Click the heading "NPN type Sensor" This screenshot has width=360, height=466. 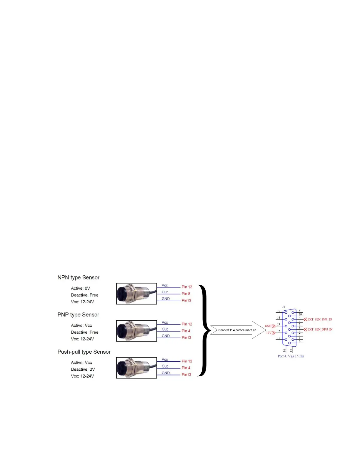[78, 277]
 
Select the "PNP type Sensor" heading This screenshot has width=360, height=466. [78, 314]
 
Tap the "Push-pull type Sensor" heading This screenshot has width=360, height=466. [84, 352]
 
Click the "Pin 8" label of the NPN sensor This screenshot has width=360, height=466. [186, 294]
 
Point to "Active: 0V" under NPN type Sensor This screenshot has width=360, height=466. [80, 288]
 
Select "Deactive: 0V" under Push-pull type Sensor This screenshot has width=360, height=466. [83, 369]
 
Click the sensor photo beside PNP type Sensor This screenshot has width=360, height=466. [136, 331]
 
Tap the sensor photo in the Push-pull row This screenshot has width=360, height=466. [136, 368]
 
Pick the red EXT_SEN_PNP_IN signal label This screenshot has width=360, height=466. [319, 319]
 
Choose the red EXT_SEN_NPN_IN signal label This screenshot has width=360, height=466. [320, 329]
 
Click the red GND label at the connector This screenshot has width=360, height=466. [268, 326]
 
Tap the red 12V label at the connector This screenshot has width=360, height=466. [269, 333]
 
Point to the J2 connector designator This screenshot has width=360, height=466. [284, 307]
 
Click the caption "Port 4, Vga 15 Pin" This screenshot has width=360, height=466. [291, 356]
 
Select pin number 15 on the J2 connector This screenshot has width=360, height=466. [278, 311]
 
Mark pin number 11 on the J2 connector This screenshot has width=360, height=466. [278, 338]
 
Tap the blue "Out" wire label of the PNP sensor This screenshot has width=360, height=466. [165, 329]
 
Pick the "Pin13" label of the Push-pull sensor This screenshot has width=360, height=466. [186, 375]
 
